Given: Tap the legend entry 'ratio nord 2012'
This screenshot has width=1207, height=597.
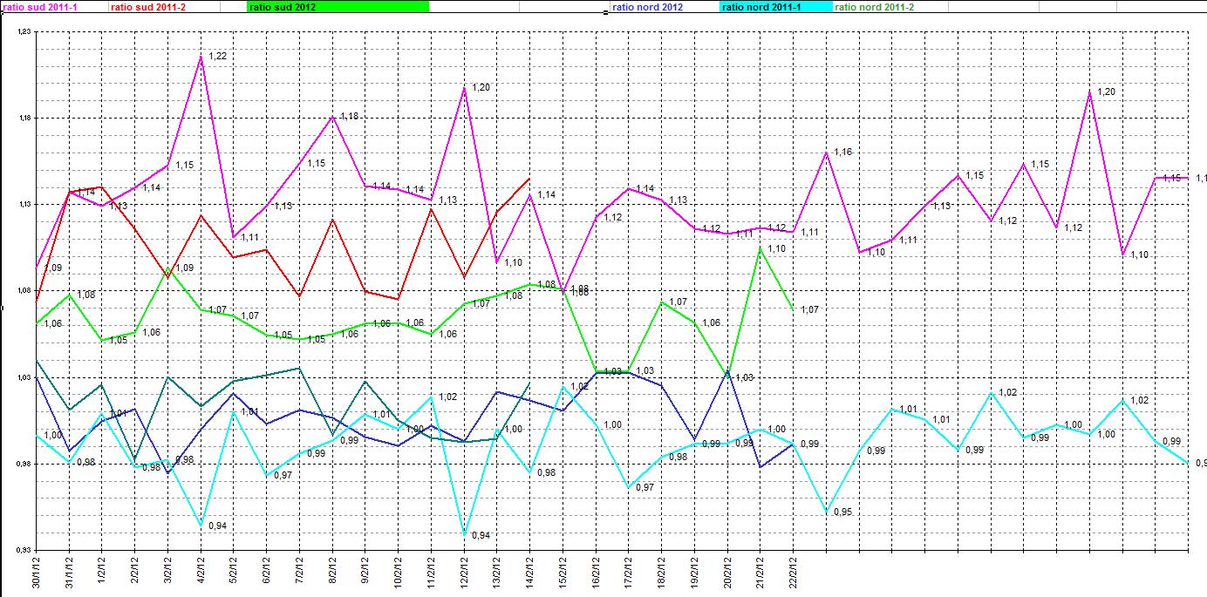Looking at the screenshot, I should pos(648,7).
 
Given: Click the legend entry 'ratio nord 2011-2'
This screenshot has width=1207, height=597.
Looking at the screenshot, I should pos(875,7).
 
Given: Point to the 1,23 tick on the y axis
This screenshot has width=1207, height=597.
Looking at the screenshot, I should pos(24,31).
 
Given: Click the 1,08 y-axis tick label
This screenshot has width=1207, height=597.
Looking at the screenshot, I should pos(24,290).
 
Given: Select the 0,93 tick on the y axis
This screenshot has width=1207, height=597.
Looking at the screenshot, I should pos(24,550).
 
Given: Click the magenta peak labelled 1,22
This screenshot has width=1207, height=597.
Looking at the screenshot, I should pos(201,57).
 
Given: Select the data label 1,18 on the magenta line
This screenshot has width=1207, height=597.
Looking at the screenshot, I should pos(349,116).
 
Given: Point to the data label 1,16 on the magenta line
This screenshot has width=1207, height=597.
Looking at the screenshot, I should pos(842,152).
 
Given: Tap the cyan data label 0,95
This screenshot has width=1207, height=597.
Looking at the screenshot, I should pos(842,512).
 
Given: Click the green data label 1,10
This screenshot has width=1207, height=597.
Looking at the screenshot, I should pos(776,249).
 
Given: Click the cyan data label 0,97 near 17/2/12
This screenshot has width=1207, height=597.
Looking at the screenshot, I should pos(644,486).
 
